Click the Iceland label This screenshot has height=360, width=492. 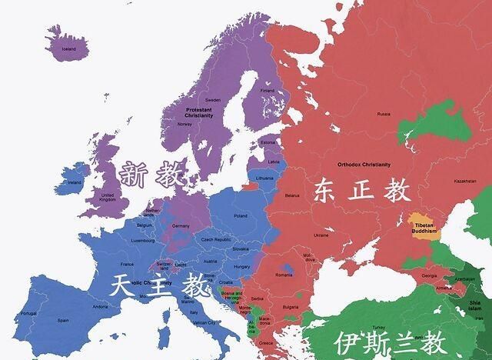pos(68,48)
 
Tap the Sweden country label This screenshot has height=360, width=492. pos(212,100)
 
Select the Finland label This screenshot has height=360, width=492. pos(267,90)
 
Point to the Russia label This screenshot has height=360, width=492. pos(384,113)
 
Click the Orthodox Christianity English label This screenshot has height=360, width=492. pos(364,164)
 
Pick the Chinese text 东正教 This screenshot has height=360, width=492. pos(361,191)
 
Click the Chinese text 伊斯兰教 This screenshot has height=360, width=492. pos(389,342)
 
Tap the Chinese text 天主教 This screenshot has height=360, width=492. pos(159,286)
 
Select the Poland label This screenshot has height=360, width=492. pos(241,216)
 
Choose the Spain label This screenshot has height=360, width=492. pos(63,320)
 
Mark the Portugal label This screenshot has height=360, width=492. pos(28,313)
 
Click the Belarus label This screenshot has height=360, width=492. pos(292,195)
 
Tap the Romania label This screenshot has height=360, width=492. pos(284,275)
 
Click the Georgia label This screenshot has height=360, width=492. pos(429,276)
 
